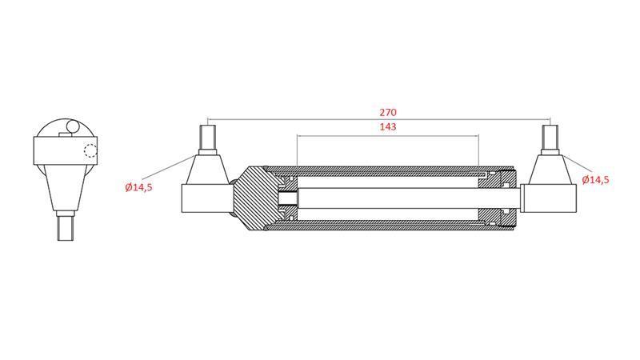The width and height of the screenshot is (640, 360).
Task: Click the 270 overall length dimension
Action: click(387, 113)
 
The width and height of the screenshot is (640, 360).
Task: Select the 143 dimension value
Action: click(387, 127)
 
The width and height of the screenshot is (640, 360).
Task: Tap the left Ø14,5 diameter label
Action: click(138, 187)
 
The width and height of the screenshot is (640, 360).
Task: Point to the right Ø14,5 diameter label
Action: click(596, 180)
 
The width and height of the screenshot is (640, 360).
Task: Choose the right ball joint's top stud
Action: click(549, 141)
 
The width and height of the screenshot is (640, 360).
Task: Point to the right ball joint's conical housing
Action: click(549, 170)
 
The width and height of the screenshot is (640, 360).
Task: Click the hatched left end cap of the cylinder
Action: click(254, 196)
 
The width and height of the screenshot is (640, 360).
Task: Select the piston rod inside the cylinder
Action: click(387, 198)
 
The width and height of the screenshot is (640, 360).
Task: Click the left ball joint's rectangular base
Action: click(206, 198)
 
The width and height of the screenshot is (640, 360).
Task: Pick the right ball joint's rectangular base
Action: click(548, 198)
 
